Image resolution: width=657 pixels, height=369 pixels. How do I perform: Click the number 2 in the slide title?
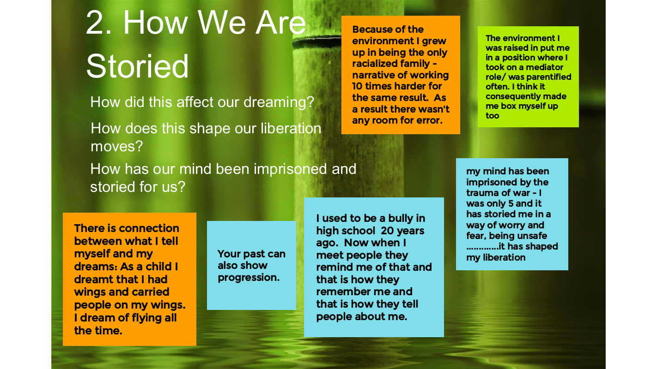96,23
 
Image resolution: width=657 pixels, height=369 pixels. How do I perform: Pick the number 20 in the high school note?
387,231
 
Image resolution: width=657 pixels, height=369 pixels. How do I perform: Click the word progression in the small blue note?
249,278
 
